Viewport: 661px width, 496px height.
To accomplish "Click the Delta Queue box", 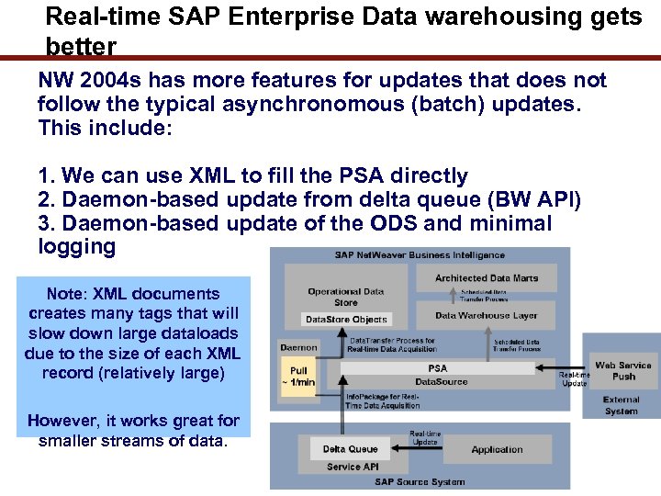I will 350,449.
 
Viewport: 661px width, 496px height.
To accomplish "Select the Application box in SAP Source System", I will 497,449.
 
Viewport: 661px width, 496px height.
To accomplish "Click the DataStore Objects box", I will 346,320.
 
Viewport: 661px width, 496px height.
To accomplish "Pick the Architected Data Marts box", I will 487,278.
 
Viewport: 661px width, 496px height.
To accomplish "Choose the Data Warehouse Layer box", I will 487,315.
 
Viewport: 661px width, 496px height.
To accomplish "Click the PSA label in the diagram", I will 437,368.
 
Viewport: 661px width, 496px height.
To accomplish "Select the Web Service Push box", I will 622,370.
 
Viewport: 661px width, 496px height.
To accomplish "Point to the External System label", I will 622,405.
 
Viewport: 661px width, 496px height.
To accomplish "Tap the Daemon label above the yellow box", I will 298,348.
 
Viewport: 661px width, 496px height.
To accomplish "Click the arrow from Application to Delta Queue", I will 422,450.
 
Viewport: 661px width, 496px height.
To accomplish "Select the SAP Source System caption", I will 421,482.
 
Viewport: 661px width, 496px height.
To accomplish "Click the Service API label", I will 352,467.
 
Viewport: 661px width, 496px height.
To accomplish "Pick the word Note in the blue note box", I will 64,294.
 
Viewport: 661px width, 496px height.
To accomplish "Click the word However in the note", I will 63,421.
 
